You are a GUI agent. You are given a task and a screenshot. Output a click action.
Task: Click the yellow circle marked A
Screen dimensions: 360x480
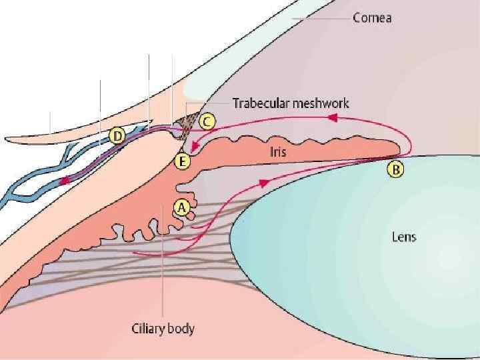click(x=180, y=207)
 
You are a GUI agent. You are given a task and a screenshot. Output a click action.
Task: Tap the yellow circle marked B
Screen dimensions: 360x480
click(x=395, y=169)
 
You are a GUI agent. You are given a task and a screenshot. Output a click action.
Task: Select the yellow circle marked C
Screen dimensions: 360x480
click(x=207, y=121)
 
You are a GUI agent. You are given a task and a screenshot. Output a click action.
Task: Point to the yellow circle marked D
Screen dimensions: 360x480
click(x=117, y=137)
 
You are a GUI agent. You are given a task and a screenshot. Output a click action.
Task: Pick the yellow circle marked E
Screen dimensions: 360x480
click(x=182, y=161)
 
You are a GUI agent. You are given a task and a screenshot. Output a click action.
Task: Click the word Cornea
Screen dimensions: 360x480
click(x=371, y=18)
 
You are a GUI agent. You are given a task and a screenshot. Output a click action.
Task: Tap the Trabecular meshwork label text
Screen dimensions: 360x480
click(x=290, y=103)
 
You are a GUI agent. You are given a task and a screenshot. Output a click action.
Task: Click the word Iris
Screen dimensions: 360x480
click(x=278, y=152)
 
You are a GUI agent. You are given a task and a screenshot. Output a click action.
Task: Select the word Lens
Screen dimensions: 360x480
click(x=404, y=237)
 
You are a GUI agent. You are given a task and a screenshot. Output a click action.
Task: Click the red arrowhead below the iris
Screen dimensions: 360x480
click(x=265, y=181)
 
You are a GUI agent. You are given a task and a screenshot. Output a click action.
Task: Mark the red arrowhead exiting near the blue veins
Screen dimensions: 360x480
click(x=64, y=180)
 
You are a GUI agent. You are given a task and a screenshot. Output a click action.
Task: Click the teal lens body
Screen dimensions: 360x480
click(x=373, y=253)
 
